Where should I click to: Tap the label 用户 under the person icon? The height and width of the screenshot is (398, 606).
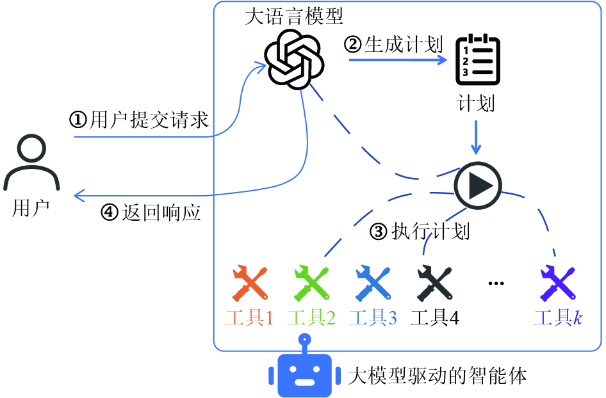(30, 209)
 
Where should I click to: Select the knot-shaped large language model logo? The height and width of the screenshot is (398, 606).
(295, 60)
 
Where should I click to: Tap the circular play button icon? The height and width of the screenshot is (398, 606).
(477, 185)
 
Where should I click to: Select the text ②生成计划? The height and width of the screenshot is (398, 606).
(394, 44)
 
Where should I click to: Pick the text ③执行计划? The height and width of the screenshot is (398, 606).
(420, 231)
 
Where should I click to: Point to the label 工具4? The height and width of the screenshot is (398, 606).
(435, 317)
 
